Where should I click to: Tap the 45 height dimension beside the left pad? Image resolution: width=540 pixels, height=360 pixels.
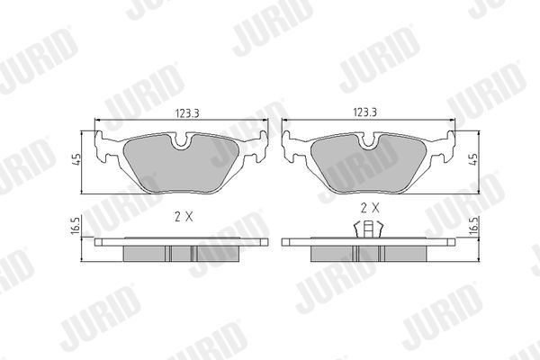[x=78, y=161]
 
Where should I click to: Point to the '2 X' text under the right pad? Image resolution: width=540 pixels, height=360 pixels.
[x=370, y=208]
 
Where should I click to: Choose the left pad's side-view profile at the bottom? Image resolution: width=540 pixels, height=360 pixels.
[x=180, y=249]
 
